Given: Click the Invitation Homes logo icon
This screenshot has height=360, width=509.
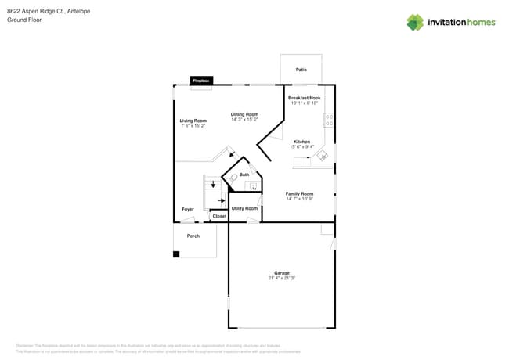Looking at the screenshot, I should click(415, 22).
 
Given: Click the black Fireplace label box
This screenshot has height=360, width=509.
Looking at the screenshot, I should click(200, 81).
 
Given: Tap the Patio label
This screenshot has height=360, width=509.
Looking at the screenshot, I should click(301, 70).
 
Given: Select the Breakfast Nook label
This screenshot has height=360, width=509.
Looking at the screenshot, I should click(305, 98).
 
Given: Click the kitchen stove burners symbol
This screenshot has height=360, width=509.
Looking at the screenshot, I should click(330, 121).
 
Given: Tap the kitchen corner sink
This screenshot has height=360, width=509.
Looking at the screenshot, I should click(322, 156).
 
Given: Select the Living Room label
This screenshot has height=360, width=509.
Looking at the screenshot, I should click(193, 121).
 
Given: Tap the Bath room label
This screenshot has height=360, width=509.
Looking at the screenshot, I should click(244, 175).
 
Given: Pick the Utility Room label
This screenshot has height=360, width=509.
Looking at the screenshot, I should click(245, 208).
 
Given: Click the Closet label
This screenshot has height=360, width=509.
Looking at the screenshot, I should click(219, 216).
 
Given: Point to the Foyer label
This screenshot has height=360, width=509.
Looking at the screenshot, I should click(188, 209).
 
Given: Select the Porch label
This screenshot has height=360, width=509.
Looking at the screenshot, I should click(193, 236).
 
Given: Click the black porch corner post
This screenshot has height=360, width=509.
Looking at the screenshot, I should click(176, 254).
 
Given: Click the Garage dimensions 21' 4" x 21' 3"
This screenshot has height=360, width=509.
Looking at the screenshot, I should click(282, 278).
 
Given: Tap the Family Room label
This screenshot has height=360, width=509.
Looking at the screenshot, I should click(299, 193).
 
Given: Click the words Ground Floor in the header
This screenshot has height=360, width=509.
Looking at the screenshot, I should click(24, 20).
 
